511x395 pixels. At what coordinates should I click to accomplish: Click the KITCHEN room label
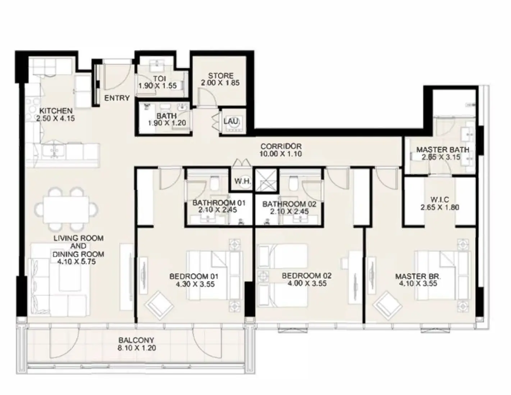coord(56,111)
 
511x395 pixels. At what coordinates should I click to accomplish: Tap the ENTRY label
coord(117,98)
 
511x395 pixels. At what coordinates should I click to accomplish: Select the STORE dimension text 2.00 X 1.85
coord(221,83)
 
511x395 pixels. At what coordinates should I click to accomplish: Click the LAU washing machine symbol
coord(232,122)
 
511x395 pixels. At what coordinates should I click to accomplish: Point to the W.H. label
coord(243,181)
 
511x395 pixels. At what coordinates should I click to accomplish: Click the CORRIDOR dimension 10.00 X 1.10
coord(280,154)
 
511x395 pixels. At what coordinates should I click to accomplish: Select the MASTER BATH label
coord(442,149)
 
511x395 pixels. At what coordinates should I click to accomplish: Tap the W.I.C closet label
coord(440,200)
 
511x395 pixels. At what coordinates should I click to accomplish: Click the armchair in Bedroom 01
coord(159,305)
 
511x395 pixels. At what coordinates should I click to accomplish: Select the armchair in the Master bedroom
coord(387,305)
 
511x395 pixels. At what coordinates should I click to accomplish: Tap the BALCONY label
coord(136,340)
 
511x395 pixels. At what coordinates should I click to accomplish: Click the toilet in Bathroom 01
coord(214,184)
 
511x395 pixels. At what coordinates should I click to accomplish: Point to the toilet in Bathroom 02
coord(292,184)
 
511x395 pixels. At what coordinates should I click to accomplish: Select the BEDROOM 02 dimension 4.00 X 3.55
coord(306,283)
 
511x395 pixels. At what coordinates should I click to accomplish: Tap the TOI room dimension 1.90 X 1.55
coord(158,86)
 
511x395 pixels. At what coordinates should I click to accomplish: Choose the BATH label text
coord(166,116)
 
